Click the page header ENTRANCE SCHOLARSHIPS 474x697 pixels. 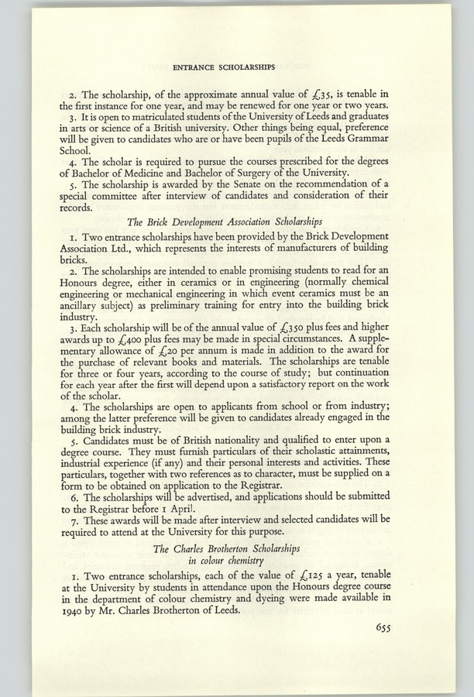point(237,67)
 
